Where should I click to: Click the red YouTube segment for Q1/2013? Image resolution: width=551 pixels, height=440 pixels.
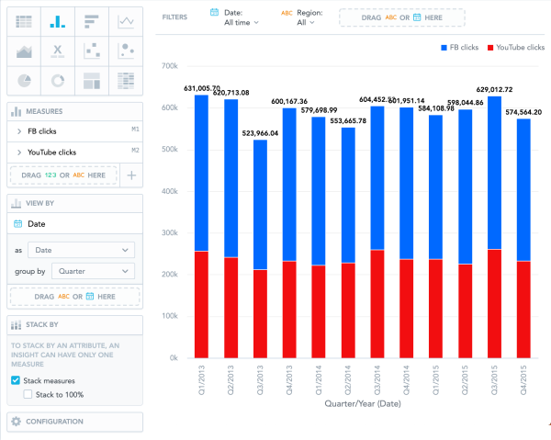pyautogui.click(x=201, y=304)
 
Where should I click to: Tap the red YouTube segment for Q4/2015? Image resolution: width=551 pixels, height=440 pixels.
pyautogui.click(x=523, y=309)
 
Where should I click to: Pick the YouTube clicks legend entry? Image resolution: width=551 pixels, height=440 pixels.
pyautogui.click(x=516, y=47)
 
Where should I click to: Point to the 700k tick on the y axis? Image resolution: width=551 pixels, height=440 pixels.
pyautogui.click(x=167, y=66)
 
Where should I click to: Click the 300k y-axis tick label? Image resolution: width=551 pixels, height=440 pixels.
pyautogui.click(x=167, y=232)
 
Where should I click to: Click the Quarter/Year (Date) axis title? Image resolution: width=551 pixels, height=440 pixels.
pyautogui.click(x=363, y=402)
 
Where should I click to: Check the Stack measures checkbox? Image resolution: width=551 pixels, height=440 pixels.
pyautogui.click(x=16, y=379)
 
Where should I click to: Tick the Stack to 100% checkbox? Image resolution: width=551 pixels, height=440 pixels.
pyautogui.click(x=28, y=394)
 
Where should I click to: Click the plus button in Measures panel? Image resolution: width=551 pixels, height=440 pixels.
pyautogui.click(x=131, y=174)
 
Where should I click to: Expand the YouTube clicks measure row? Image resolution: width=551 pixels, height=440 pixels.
pyautogui.click(x=19, y=152)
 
